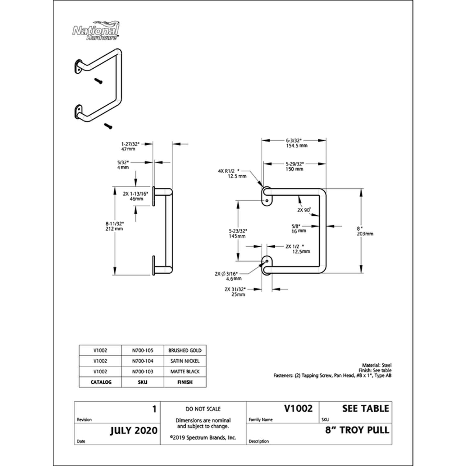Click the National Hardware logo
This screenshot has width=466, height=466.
(x=95, y=31)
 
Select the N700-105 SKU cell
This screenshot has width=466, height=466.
(x=143, y=350)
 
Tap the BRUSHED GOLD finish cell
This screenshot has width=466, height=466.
(x=185, y=350)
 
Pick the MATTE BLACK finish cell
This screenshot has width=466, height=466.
(x=185, y=372)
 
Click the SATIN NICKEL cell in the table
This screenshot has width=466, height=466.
(x=185, y=361)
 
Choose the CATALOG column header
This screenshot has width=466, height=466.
(x=101, y=382)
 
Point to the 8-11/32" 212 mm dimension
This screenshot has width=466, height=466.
(x=114, y=226)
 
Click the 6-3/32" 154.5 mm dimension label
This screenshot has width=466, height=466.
(x=296, y=143)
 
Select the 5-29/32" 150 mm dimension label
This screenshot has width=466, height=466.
(x=294, y=167)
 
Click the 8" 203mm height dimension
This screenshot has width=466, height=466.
(x=365, y=231)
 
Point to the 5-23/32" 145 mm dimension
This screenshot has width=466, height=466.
(x=238, y=234)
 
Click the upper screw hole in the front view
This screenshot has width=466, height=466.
(x=267, y=201)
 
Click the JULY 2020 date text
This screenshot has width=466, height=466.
(x=134, y=431)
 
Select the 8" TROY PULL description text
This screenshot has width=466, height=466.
(x=357, y=430)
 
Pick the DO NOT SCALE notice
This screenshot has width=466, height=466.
(x=203, y=409)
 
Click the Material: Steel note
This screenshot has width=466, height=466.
(x=377, y=365)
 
